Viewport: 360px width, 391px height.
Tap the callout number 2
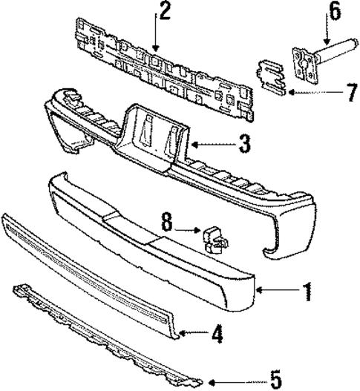(163, 10)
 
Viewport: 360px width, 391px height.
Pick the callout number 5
(275, 381)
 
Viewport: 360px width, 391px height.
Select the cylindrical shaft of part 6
(333, 54)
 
